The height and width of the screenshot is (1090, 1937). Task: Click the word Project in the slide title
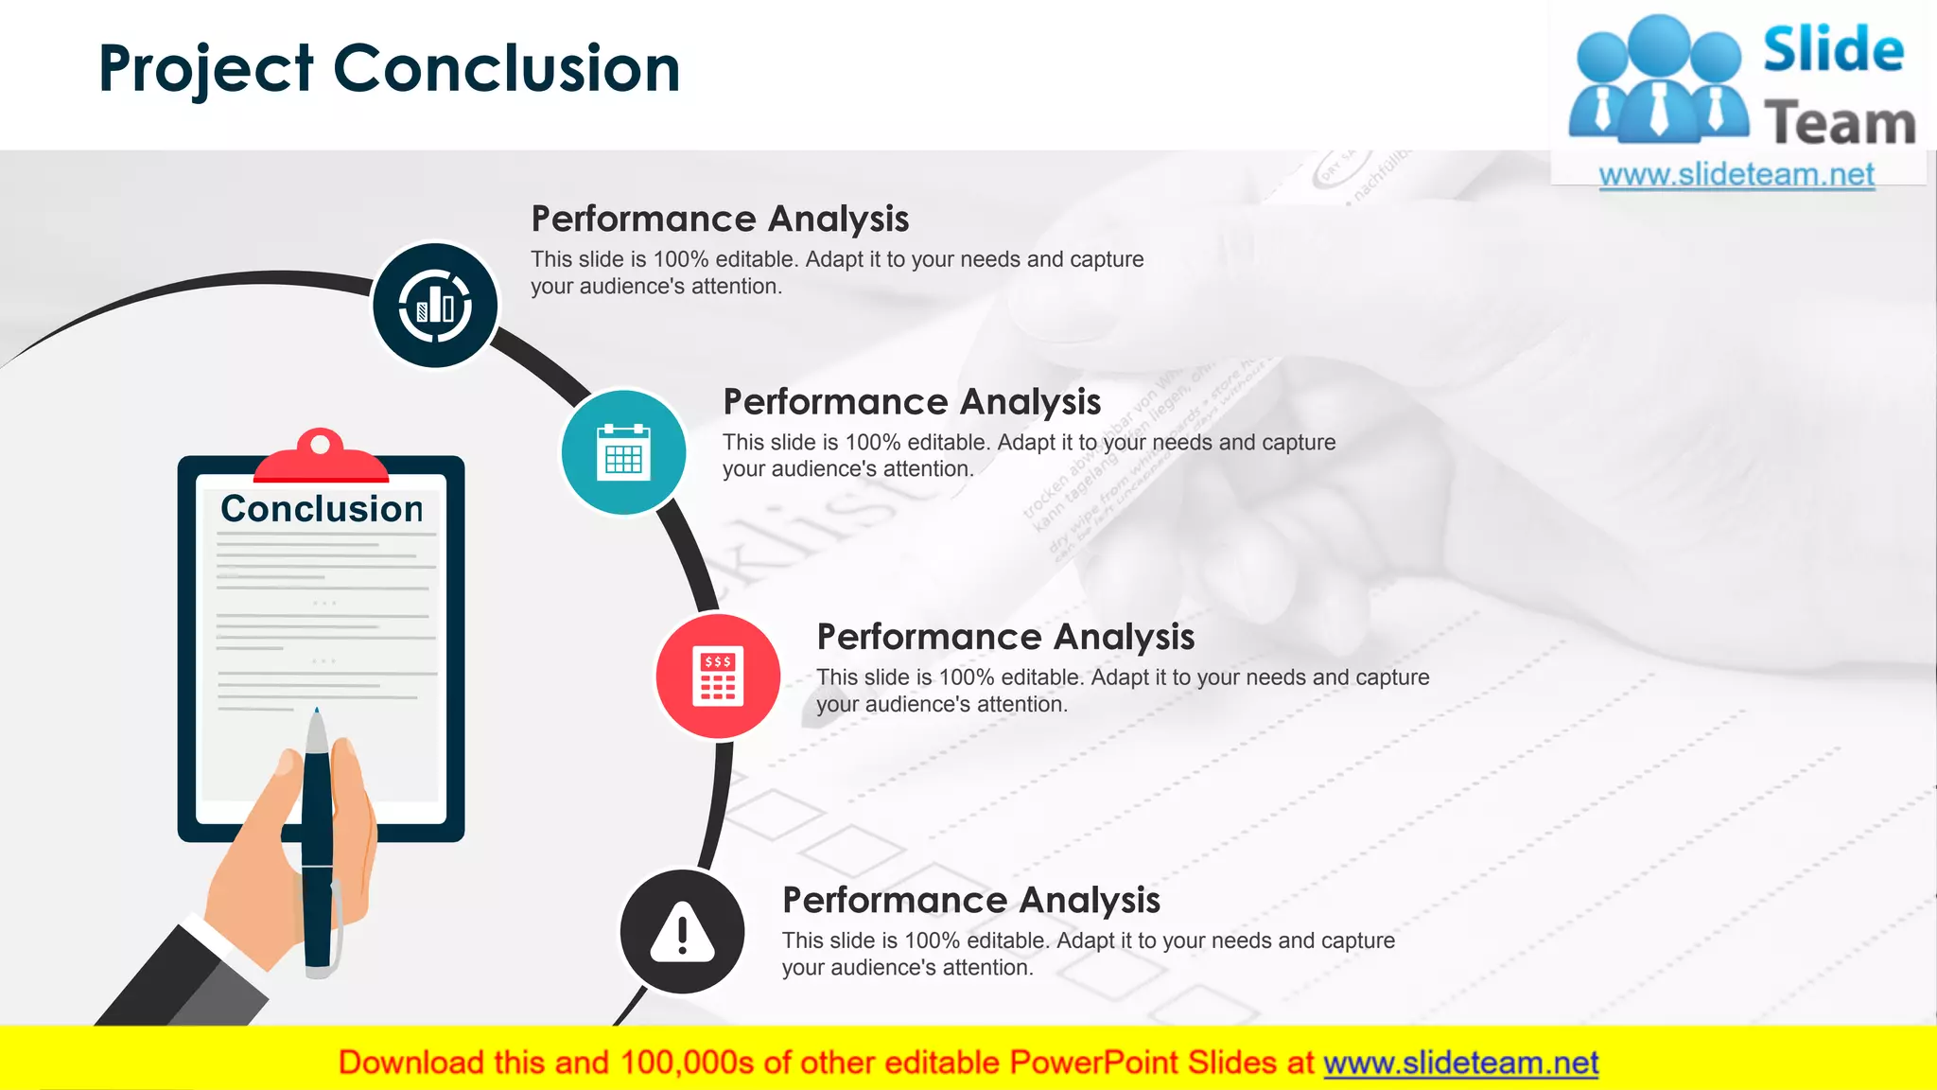point(205,69)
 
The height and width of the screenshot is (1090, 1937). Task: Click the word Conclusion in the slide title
point(507,69)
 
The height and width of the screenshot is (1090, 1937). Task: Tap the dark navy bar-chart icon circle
point(435,306)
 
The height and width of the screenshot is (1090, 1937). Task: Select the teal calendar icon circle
point(623,452)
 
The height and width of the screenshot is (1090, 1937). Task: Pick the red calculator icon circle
point(718,677)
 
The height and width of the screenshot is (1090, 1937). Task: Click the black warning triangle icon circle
point(682,932)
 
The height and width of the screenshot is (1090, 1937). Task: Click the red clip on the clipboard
point(321,459)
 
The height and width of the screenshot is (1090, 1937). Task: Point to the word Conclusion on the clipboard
point(322,509)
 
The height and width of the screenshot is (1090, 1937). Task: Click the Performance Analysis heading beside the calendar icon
point(912,402)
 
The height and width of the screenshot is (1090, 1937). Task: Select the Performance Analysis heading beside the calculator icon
point(1005,637)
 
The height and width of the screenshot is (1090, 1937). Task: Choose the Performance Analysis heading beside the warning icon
point(970,900)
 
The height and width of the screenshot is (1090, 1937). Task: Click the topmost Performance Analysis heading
point(720,219)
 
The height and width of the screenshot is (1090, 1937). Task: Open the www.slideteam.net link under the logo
point(1736,175)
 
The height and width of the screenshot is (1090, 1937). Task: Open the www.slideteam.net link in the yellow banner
point(1460,1063)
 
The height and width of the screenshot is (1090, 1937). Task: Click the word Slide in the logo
point(1833,49)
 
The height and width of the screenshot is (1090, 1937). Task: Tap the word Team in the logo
point(1840,123)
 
